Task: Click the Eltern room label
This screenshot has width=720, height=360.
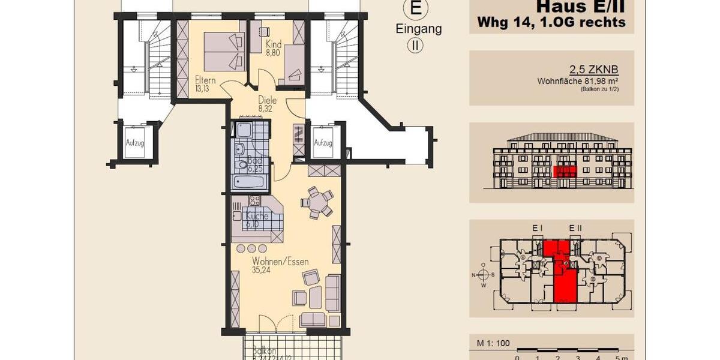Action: (x=205, y=80)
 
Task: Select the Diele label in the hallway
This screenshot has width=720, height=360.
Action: (x=268, y=100)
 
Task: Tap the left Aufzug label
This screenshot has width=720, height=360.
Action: (x=135, y=143)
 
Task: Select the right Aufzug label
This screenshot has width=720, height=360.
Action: (x=323, y=143)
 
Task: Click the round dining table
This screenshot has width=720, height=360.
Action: (x=316, y=202)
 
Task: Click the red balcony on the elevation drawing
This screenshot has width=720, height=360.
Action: (x=564, y=172)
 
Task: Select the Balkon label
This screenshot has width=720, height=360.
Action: (x=264, y=351)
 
